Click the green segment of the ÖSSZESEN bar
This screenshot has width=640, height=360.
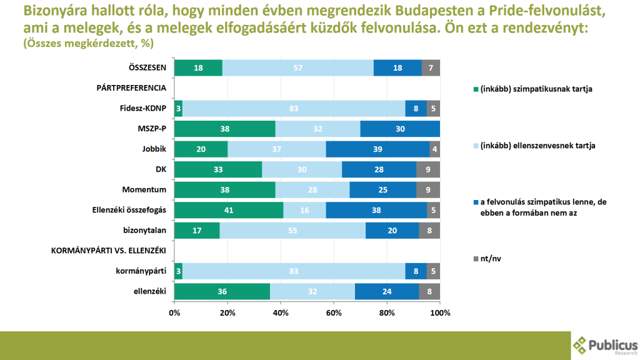(x=198, y=68)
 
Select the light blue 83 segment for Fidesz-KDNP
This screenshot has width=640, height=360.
(x=293, y=108)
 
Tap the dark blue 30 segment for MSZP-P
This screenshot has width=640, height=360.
(x=400, y=129)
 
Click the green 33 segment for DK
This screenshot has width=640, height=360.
(x=218, y=169)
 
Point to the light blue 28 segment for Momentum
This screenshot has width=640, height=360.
(x=312, y=189)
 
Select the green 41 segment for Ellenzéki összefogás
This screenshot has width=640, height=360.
(x=228, y=210)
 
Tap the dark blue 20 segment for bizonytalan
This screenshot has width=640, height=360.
(x=392, y=230)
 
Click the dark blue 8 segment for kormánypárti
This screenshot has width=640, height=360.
(x=416, y=271)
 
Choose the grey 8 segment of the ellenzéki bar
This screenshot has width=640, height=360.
(x=429, y=291)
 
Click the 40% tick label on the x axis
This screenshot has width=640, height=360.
(x=281, y=312)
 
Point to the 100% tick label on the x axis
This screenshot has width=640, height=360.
(x=440, y=312)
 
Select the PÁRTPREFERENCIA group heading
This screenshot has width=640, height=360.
(x=131, y=88)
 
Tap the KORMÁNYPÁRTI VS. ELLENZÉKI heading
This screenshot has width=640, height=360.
(x=107, y=251)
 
